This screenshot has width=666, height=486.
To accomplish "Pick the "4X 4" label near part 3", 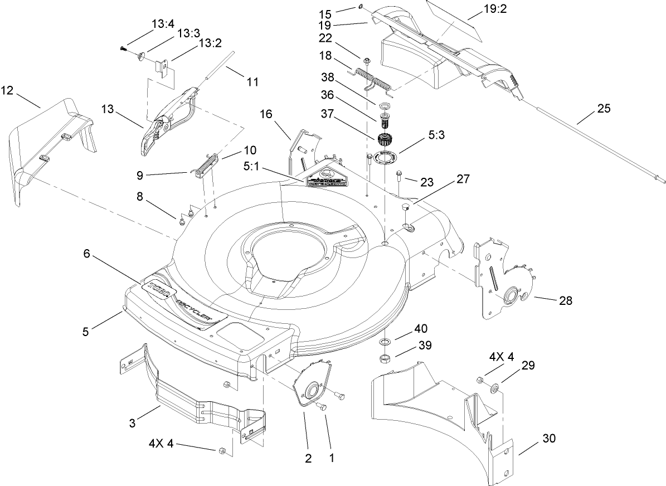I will (162, 444).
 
